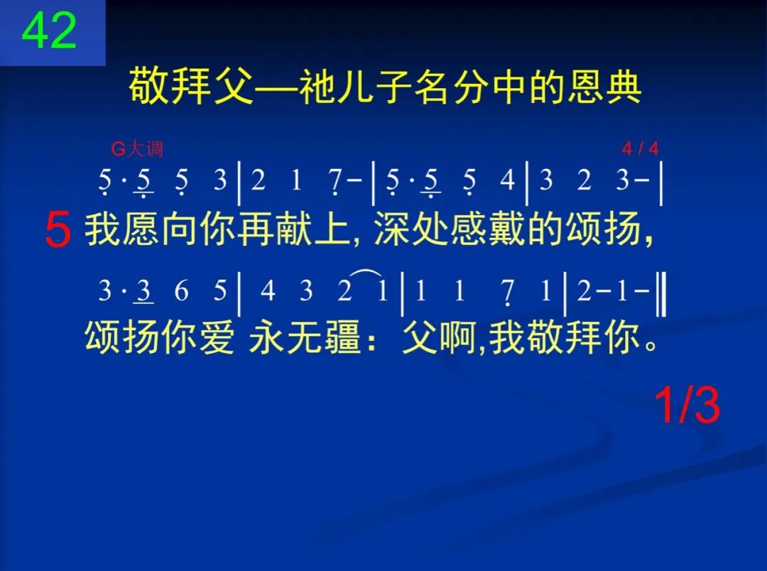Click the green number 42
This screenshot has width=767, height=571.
(x=50, y=31)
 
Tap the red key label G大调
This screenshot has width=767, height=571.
(x=137, y=149)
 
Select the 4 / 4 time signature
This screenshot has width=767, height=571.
(x=640, y=149)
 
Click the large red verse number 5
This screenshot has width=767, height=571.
(x=58, y=232)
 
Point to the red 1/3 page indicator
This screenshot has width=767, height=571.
(x=687, y=406)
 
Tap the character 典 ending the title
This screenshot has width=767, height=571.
(x=623, y=88)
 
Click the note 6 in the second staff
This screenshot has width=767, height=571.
(x=183, y=291)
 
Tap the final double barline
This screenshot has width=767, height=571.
(x=661, y=291)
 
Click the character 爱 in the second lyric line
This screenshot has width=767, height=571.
(x=215, y=338)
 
